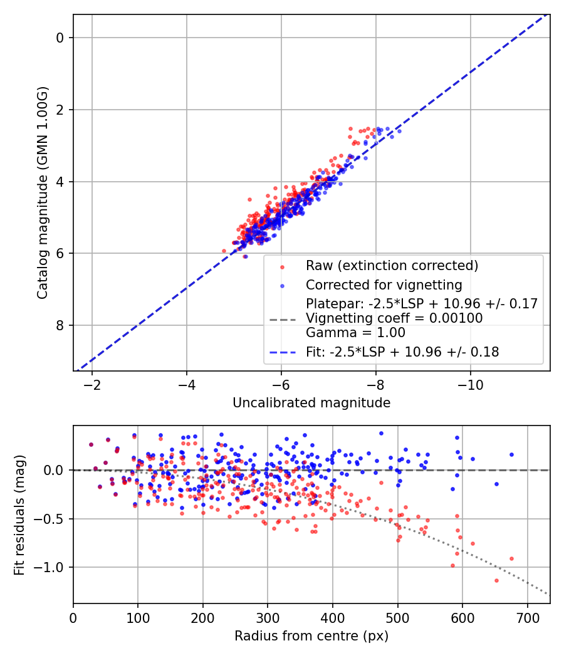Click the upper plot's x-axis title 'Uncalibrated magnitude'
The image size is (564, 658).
(x=311, y=403)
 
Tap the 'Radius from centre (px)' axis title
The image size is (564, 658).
(x=311, y=636)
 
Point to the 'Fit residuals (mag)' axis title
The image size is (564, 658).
(x=19, y=514)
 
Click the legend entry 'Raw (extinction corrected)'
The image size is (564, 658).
(x=392, y=266)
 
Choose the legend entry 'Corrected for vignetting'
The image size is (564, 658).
(x=384, y=285)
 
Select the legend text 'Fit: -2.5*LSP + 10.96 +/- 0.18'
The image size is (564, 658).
(x=402, y=352)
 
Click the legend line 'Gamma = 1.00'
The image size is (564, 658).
(x=355, y=332)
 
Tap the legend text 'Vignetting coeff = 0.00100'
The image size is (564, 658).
(x=394, y=318)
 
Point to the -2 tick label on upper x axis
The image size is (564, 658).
(x=92, y=384)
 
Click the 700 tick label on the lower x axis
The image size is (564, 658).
(x=527, y=617)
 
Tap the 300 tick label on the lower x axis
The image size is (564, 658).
(x=268, y=617)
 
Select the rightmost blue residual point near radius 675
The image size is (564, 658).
(x=511, y=454)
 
